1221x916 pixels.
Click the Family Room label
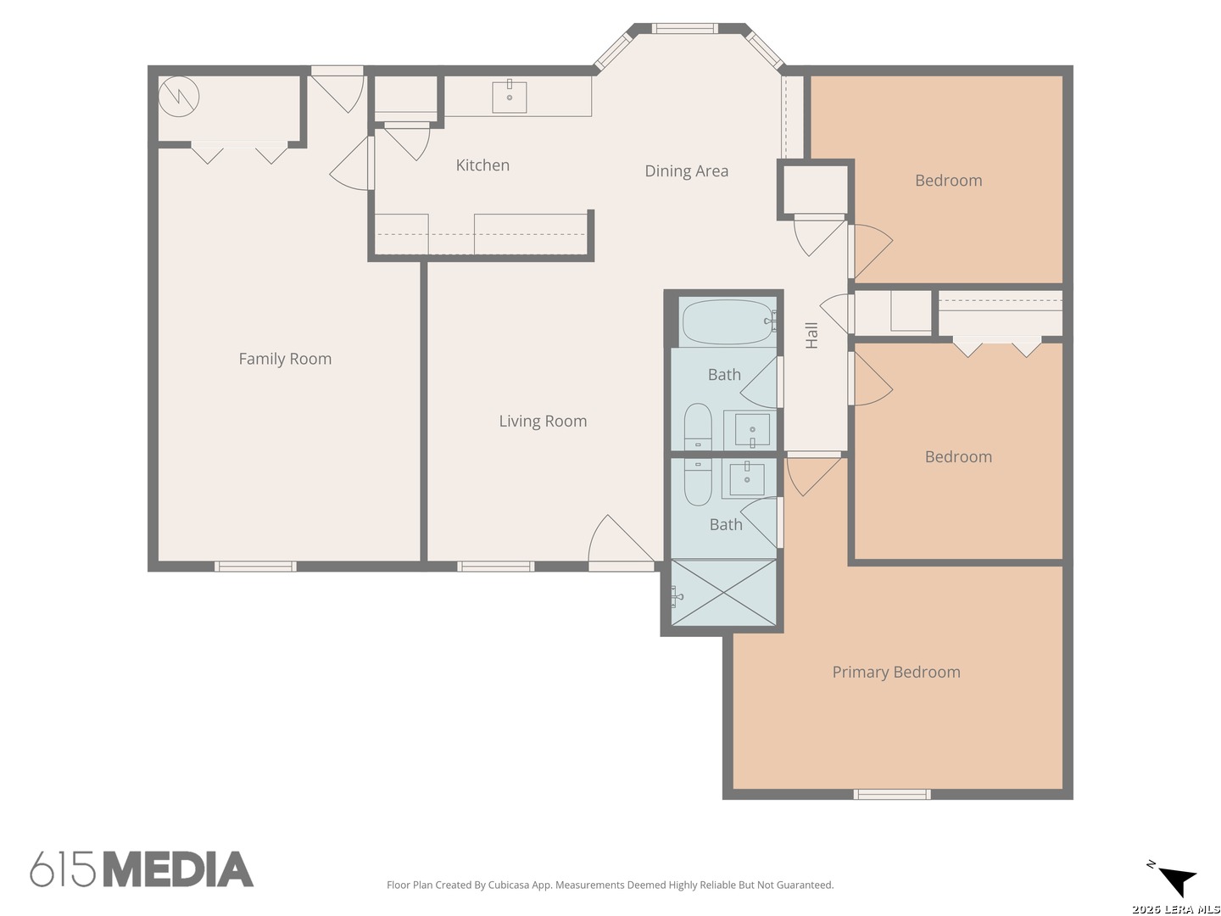(x=285, y=359)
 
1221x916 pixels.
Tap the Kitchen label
(x=482, y=165)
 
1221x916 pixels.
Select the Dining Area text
(x=686, y=170)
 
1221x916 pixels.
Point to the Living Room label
(x=543, y=421)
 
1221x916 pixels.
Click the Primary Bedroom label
(x=895, y=672)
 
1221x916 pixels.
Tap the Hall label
(x=811, y=335)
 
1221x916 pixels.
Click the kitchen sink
(x=509, y=97)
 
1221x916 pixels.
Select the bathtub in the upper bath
(x=728, y=322)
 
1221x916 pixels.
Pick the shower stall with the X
(x=723, y=593)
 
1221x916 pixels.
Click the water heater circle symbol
(x=179, y=96)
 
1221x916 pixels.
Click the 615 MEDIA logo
(x=142, y=869)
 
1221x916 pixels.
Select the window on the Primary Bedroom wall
(x=892, y=794)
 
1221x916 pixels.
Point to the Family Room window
(x=255, y=567)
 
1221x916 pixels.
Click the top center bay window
(x=685, y=28)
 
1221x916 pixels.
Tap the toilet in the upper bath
(x=698, y=427)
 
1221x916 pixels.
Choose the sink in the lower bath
(x=746, y=479)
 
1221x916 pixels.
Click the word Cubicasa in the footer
(x=509, y=885)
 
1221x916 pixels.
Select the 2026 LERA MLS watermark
(x=1175, y=908)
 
